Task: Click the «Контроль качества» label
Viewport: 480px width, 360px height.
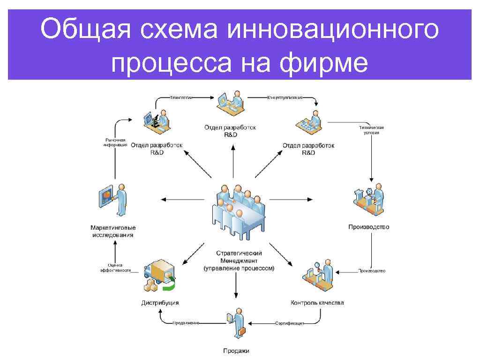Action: [317, 302]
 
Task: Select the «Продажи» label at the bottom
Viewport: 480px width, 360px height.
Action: [236, 351]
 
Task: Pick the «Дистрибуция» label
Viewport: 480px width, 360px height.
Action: [160, 303]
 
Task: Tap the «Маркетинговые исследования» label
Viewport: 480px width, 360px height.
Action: [113, 231]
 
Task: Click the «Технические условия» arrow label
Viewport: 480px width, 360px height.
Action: [371, 130]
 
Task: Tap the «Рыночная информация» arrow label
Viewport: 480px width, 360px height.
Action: [115, 142]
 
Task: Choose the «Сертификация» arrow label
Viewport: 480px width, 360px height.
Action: [290, 323]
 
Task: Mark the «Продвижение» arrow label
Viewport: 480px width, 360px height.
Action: [186, 323]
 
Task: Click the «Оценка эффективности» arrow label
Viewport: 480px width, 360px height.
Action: [115, 268]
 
